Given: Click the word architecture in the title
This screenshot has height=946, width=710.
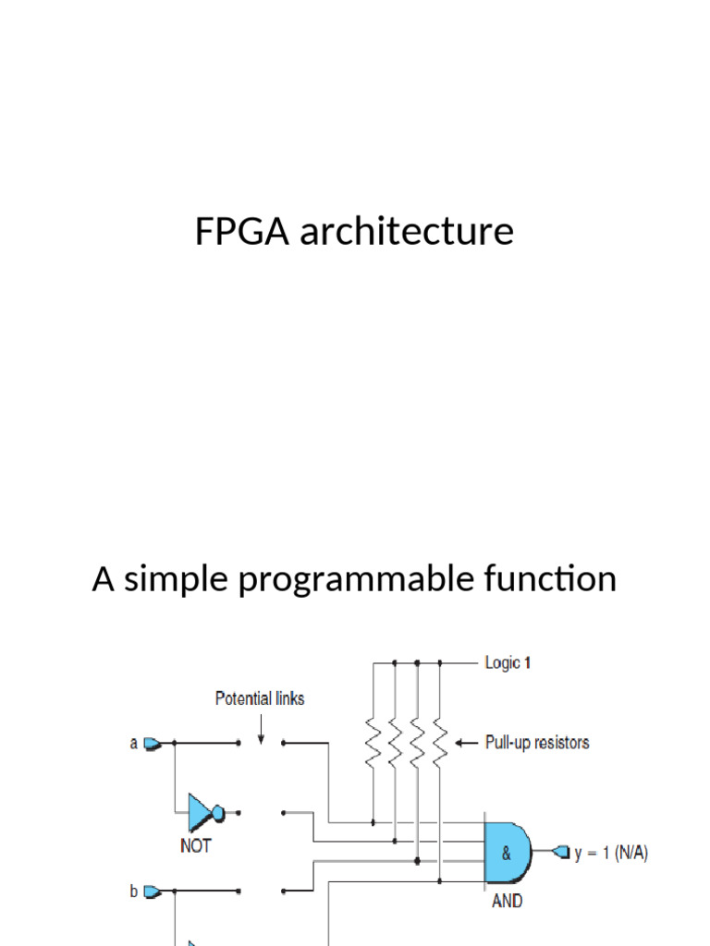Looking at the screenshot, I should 406,231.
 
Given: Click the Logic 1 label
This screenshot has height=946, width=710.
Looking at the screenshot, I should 508,662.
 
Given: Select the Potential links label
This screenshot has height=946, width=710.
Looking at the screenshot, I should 260,698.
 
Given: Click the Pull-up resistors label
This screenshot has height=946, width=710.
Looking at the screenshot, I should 537,742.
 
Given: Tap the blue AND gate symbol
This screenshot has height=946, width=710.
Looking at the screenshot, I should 508,854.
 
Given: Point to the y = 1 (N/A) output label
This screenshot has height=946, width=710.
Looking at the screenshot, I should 611,854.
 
